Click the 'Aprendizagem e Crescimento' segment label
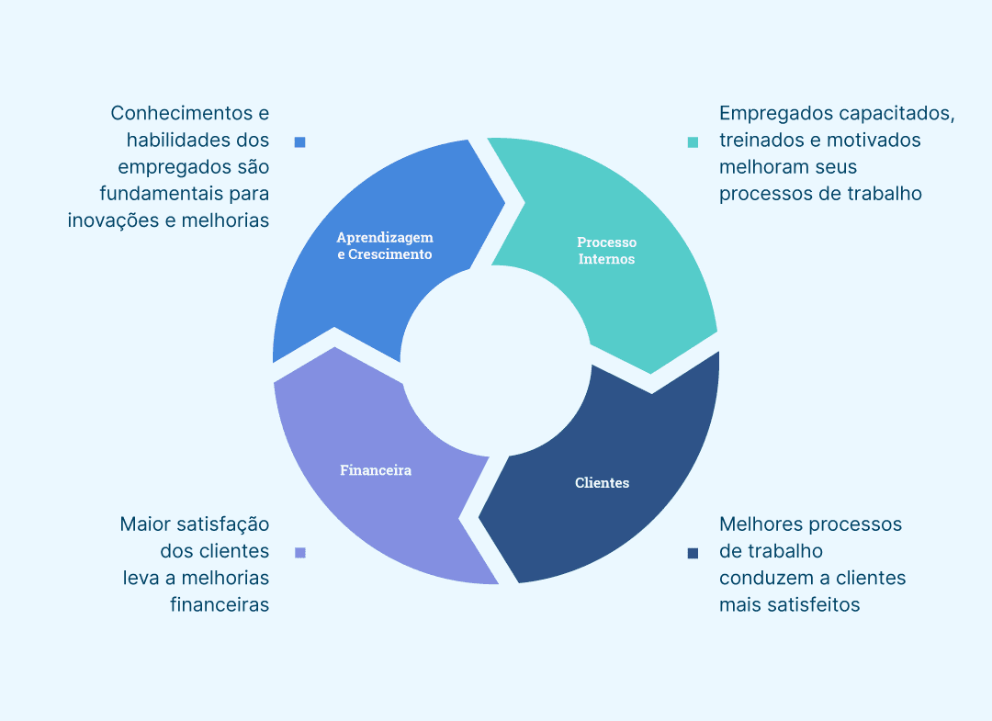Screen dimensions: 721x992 pos(385,246)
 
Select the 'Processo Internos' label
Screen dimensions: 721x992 pos(606,251)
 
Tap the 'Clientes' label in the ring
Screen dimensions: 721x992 pos(602,483)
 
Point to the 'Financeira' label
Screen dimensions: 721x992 pos(376,470)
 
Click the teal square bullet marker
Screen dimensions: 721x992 pos(693,142)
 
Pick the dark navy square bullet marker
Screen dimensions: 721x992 pos(693,553)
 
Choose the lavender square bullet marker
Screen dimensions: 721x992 pos(299,553)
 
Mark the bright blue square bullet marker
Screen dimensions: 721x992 pos(299,142)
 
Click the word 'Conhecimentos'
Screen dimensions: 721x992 pos(181,113)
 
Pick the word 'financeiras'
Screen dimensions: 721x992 pos(220,604)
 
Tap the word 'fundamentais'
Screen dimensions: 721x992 pos(153,194)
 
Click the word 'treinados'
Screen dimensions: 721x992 pos(761,141)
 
